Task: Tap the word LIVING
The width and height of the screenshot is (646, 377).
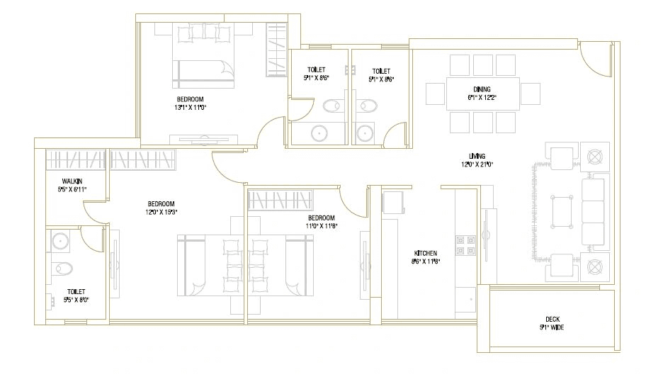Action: click(476, 156)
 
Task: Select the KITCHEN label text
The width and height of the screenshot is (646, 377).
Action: click(426, 253)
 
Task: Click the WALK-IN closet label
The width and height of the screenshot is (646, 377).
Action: click(73, 181)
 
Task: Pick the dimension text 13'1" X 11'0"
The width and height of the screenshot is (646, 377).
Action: click(190, 108)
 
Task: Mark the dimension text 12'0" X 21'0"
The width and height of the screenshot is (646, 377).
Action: click(476, 164)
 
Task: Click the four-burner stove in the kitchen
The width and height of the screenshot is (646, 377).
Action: click(466, 244)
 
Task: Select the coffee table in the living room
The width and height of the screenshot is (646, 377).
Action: click(565, 210)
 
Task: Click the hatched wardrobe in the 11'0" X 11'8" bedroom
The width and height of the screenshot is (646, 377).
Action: click(279, 199)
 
